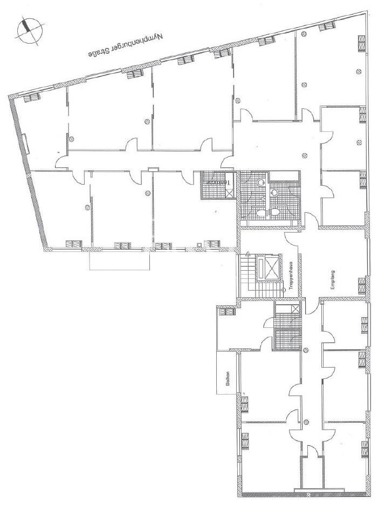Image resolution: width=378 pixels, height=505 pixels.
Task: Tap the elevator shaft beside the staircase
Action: (x=269, y=268)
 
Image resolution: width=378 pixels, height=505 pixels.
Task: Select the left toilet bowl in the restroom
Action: (x=261, y=214)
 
